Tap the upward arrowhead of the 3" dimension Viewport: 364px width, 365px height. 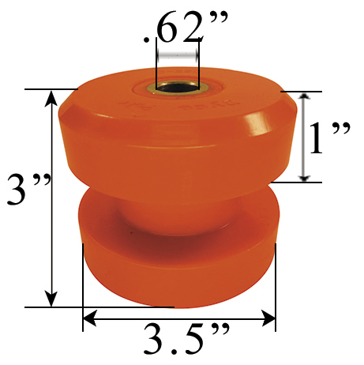[52, 96]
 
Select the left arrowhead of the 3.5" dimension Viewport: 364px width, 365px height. [88, 318]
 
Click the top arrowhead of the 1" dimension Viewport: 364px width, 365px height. [305, 97]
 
